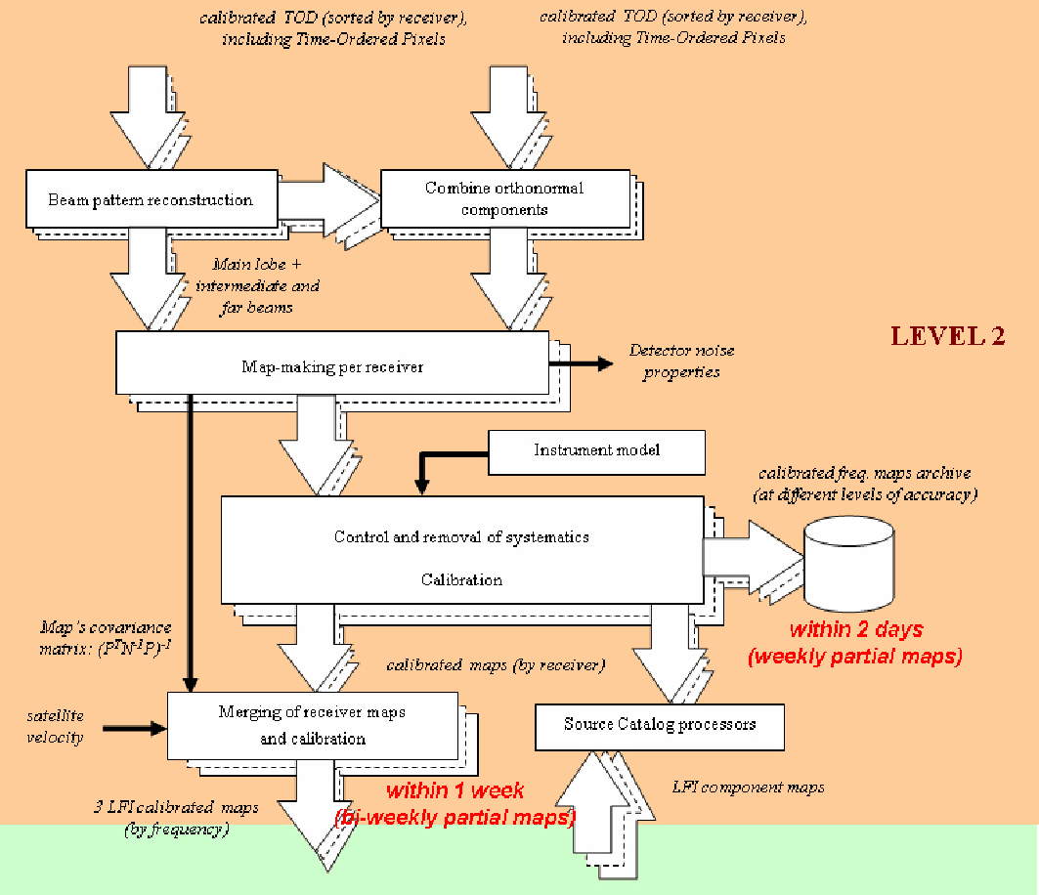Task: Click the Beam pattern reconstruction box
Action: pos(150,200)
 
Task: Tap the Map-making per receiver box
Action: pos(331,367)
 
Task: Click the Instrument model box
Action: pos(596,450)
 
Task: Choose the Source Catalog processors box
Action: pos(660,725)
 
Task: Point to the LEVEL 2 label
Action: pos(947,337)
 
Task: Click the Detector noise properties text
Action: pos(681,362)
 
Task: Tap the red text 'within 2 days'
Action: pos(855,630)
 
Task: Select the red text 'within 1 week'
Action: pos(455,790)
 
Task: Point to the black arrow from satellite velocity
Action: pos(134,728)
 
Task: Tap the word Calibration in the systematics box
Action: pos(461,579)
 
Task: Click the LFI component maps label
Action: pos(748,787)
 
